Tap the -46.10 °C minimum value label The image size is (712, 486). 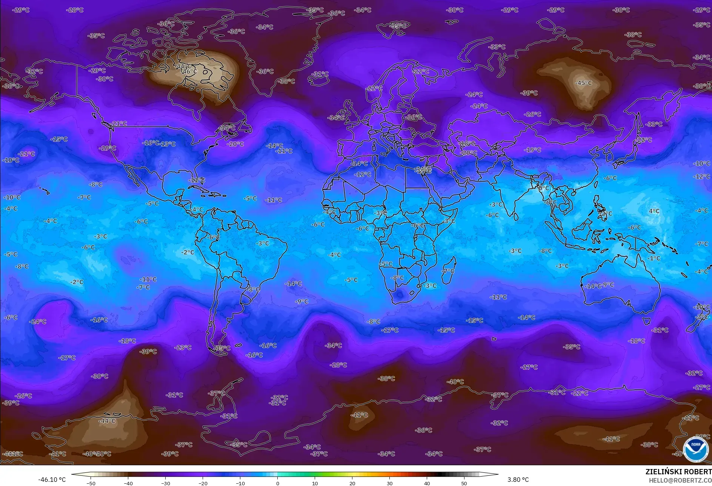pyautogui.click(x=52, y=480)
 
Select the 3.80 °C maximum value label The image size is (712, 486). pyautogui.click(x=518, y=480)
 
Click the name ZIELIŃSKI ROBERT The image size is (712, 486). pyautogui.click(x=678, y=472)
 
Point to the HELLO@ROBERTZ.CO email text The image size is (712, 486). pyautogui.click(x=680, y=480)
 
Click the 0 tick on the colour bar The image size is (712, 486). pyautogui.click(x=278, y=483)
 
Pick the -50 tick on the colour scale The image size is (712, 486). pyautogui.click(x=91, y=483)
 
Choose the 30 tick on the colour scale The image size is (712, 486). pyautogui.click(x=389, y=483)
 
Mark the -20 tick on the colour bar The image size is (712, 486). pyautogui.click(x=203, y=483)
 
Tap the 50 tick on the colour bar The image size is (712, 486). pyautogui.click(x=464, y=483)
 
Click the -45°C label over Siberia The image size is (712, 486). pyautogui.click(x=583, y=83)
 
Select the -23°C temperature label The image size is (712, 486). pyautogui.click(x=183, y=347)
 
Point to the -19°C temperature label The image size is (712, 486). pyautogui.click(x=532, y=150)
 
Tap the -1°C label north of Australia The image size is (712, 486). pyautogui.click(x=654, y=258)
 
